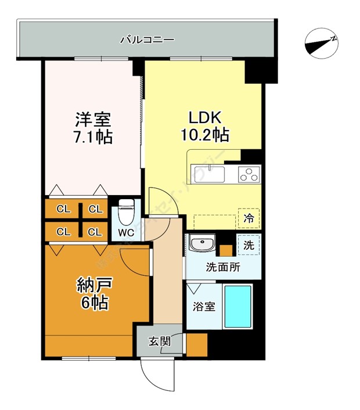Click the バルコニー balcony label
[147, 40]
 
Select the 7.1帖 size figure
[92, 138]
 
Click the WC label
[127, 232]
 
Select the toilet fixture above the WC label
[126, 212]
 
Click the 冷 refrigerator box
[249, 220]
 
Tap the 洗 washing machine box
[249, 245]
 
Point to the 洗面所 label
[223, 268]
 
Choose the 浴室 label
[203, 306]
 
